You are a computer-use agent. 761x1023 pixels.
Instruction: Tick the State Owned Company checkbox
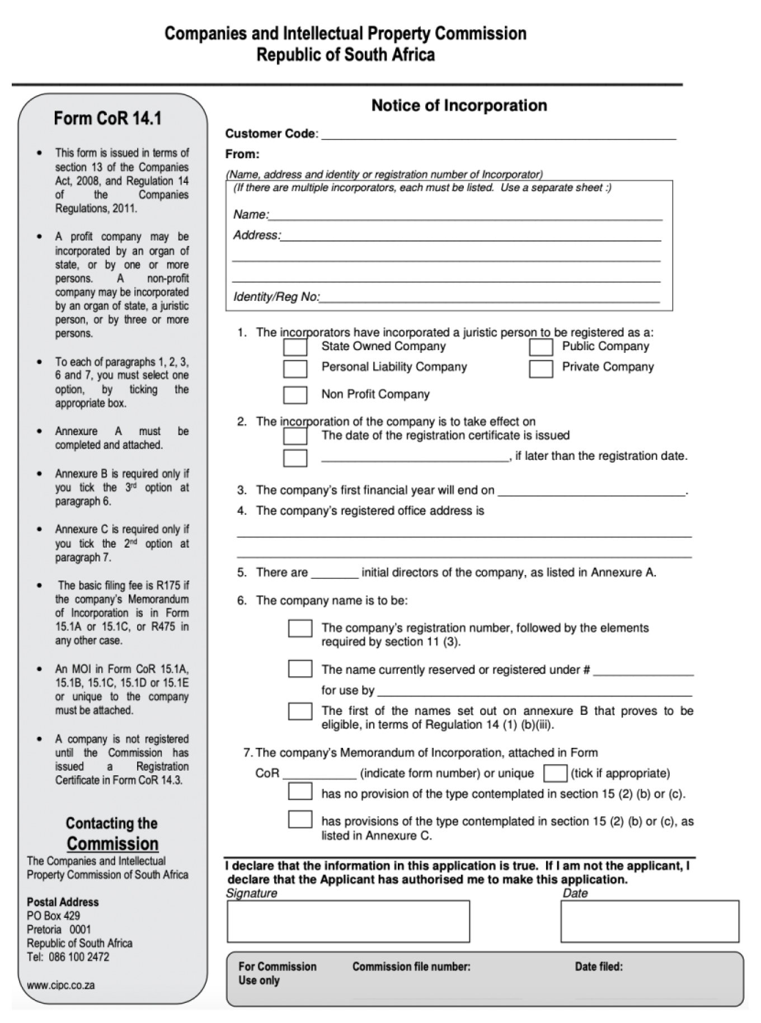pyautogui.click(x=295, y=347)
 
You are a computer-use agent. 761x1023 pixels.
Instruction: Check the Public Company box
pyautogui.click(x=541, y=347)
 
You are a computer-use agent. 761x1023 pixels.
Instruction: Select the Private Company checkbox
pyautogui.click(x=541, y=369)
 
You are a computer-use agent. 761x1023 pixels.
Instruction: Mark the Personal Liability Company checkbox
pyautogui.click(x=295, y=369)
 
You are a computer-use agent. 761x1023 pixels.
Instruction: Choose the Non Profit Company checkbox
pyautogui.click(x=295, y=395)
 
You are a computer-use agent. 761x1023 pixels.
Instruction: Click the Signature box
pyautogui.click(x=348, y=921)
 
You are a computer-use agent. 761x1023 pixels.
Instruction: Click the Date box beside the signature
pyautogui.click(x=649, y=921)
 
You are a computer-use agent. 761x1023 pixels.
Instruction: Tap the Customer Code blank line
pyautogui.click(x=498, y=134)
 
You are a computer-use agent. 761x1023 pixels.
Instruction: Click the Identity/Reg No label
pyautogui.click(x=276, y=297)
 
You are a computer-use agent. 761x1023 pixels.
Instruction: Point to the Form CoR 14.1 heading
pyautogui.click(x=107, y=119)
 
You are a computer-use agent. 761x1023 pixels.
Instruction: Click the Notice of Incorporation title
pyautogui.click(x=459, y=106)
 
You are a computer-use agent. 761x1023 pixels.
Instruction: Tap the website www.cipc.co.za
pyautogui.click(x=60, y=986)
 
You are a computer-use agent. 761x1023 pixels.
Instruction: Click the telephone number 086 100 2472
pyautogui.click(x=79, y=957)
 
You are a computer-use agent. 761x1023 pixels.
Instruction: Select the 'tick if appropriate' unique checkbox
pyautogui.click(x=555, y=774)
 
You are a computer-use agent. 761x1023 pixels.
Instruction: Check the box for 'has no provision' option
pyautogui.click(x=300, y=791)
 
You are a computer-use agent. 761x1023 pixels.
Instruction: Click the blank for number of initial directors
pyautogui.click(x=334, y=573)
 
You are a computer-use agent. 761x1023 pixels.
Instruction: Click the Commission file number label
pyautogui.click(x=411, y=967)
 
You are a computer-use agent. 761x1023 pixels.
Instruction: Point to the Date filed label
pyautogui.click(x=599, y=967)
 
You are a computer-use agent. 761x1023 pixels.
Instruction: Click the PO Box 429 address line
pyautogui.click(x=53, y=916)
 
